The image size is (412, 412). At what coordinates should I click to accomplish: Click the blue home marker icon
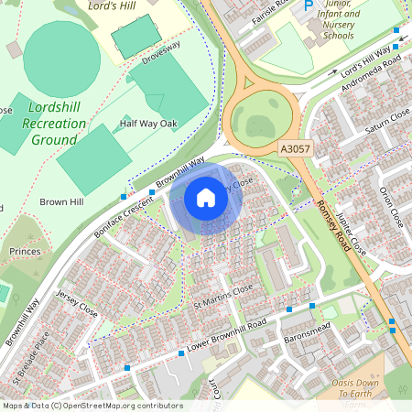(206, 198)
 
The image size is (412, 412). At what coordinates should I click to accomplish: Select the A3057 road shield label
(294, 147)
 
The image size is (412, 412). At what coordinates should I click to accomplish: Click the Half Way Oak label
(147, 124)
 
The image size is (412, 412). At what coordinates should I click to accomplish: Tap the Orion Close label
(391, 206)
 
